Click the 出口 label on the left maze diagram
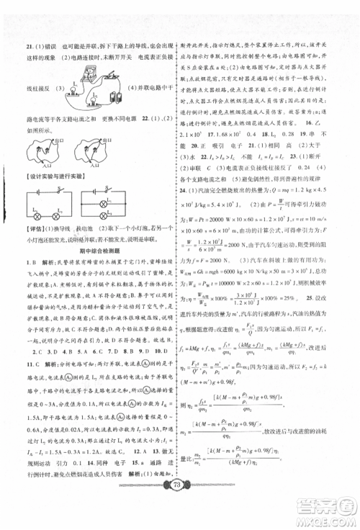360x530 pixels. click(x=61, y=141)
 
